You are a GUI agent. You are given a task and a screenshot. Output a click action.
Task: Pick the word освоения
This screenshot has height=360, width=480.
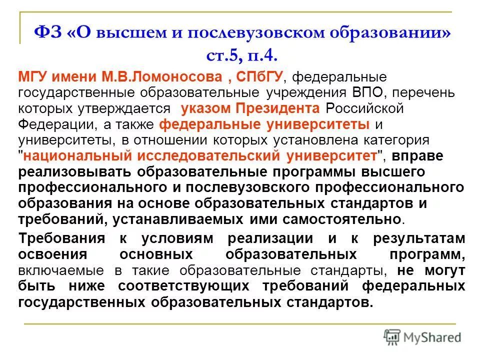[47, 254]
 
